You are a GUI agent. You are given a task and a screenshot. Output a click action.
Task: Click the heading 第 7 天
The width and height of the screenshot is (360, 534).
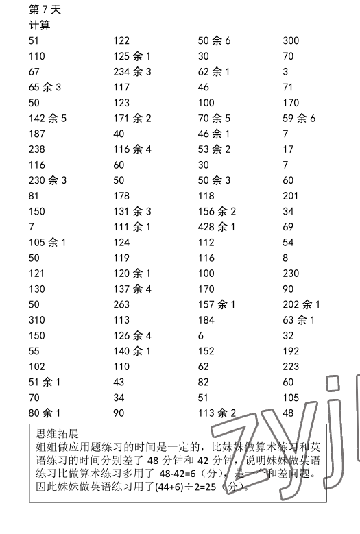tap(43, 10)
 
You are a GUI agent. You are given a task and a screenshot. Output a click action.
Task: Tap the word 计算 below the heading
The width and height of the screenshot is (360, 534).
tap(39, 25)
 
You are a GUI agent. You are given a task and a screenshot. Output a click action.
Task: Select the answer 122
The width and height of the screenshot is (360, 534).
tap(121, 40)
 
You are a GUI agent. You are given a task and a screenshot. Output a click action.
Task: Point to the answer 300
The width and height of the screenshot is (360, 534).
tap(291, 40)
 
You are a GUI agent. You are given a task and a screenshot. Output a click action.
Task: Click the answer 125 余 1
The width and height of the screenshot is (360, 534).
tap(132, 56)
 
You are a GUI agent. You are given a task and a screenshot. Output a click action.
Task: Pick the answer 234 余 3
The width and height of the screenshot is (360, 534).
tap(132, 72)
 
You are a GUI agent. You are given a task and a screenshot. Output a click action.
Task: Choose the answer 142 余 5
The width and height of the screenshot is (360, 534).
tap(47, 119)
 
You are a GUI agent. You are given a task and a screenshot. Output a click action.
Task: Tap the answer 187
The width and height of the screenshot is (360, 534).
tap(37, 134)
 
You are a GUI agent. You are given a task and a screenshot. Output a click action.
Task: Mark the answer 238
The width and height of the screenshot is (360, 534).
tap(37, 149)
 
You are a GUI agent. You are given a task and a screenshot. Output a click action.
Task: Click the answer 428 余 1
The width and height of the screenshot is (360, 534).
tap(217, 227)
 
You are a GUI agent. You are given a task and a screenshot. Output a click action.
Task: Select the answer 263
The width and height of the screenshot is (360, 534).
tap(121, 304)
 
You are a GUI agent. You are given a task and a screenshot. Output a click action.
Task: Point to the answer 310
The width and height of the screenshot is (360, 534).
tap(37, 320)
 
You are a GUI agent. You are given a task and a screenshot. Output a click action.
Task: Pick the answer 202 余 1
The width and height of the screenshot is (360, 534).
tap(301, 304)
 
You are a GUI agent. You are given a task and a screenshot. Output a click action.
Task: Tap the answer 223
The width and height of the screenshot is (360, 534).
tap(291, 367)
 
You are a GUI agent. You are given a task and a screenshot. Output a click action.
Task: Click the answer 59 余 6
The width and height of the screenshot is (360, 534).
tap(299, 119)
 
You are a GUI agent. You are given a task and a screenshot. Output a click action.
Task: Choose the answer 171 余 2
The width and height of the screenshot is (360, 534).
tap(132, 119)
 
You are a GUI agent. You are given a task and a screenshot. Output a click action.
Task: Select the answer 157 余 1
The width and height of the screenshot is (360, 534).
tap(217, 304)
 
